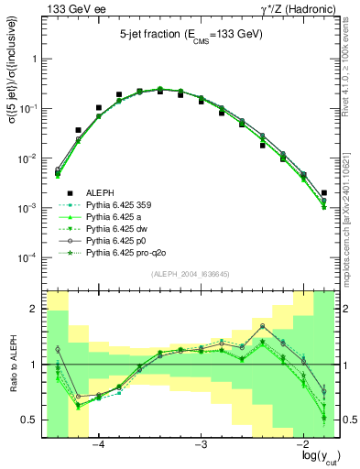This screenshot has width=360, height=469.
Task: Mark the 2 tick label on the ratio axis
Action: (37, 310)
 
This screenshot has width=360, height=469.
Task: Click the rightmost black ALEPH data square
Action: (324, 193)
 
